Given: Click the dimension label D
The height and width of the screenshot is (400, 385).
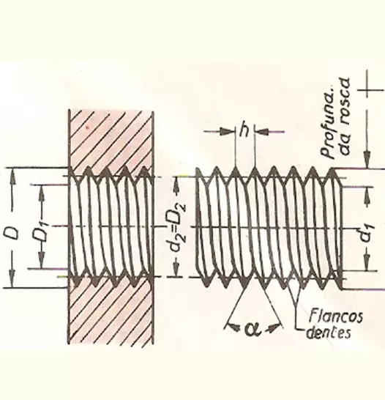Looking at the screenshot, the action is tap(12, 233).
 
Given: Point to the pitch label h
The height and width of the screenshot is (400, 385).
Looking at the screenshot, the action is tap(244, 130).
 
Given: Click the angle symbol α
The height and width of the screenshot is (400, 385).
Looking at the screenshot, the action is tap(253, 329).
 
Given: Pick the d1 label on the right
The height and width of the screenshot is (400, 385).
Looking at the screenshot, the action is tap(367, 233).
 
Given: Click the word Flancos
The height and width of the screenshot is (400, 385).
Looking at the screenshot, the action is tap(335, 316).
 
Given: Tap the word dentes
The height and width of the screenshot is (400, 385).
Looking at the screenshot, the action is tap(329, 332).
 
